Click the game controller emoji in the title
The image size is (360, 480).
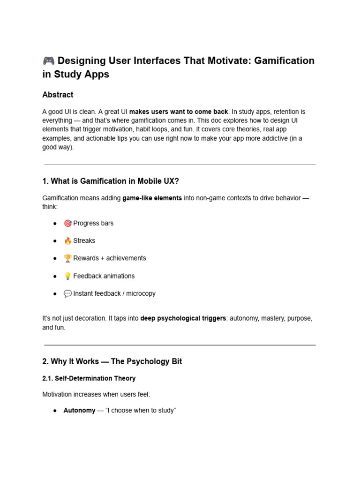[48, 60]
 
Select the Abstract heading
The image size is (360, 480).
[58, 95]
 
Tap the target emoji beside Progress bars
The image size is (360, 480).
[67, 223]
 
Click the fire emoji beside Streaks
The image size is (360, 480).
[67, 240]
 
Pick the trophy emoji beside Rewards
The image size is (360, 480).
[67, 258]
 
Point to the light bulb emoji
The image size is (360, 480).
[67, 276]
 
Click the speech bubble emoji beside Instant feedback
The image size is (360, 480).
[67, 293]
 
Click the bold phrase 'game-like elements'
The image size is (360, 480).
[152, 198]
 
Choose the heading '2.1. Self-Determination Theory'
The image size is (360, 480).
[89, 378]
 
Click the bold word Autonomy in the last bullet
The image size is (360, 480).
[79, 410]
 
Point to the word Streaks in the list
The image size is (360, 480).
[84, 240]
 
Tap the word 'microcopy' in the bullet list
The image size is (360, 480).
[141, 293]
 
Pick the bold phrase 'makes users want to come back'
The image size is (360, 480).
[179, 112]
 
